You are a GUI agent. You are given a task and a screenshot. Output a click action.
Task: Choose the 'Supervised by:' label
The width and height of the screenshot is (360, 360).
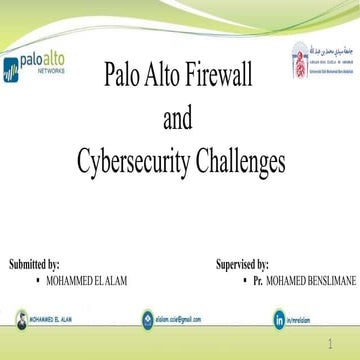point(242,265)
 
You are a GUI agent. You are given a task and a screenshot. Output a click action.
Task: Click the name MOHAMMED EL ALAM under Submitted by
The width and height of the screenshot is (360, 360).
point(87,282)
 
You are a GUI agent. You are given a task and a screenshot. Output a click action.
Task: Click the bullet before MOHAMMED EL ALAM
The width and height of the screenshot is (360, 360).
point(36,281)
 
